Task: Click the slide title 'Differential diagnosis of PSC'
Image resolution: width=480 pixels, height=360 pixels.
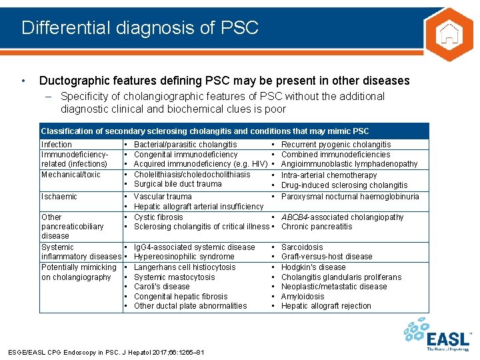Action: [139, 28]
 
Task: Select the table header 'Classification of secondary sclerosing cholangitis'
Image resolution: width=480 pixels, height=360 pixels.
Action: [204, 131]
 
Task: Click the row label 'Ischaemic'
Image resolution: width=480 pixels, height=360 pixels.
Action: [59, 197]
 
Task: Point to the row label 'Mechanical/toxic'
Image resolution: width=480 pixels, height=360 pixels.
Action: [71, 175]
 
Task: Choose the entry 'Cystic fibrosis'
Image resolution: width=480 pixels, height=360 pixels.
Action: [158, 217]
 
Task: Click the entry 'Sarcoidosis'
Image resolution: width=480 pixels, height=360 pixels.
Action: [302, 247]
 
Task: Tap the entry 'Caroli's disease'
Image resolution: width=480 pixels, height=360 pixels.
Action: [162, 287]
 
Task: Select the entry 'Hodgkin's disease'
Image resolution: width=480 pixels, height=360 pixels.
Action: [313, 267]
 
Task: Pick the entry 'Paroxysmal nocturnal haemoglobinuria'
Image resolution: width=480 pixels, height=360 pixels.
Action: [350, 197]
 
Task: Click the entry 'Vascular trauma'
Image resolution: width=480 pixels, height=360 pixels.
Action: [163, 197]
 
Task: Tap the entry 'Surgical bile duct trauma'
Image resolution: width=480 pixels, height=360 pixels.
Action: [178, 185]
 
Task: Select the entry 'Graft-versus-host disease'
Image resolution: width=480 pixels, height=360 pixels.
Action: [327, 257]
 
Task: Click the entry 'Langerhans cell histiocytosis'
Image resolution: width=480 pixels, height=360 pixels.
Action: [185, 267]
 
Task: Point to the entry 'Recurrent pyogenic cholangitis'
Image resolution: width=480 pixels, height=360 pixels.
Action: [336, 145]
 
